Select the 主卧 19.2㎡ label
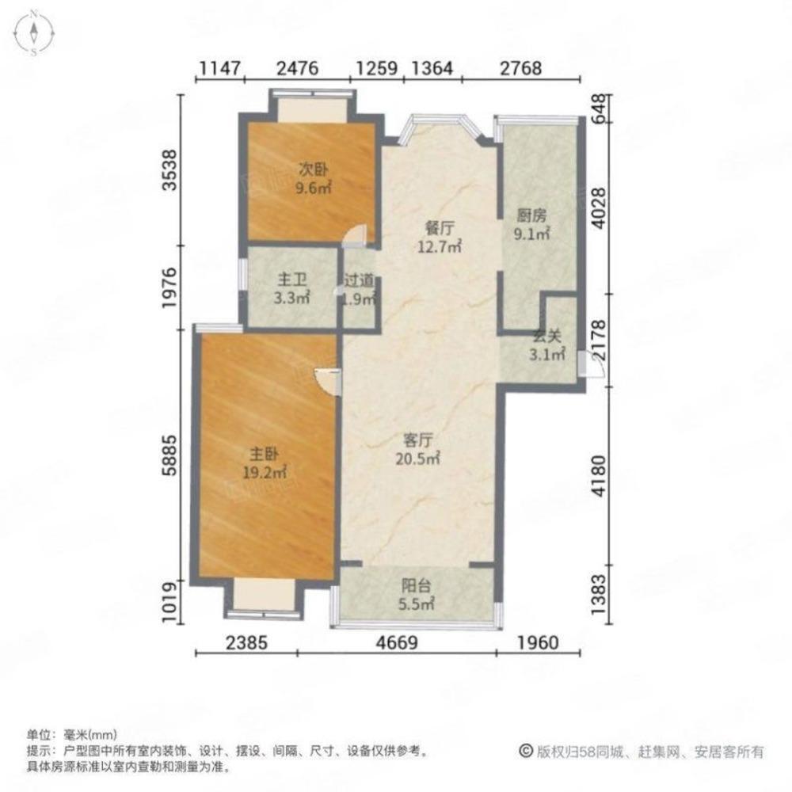[265, 463]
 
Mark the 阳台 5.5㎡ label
[416, 595]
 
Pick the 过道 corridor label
[360, 290]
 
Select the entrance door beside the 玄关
[582, 363]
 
